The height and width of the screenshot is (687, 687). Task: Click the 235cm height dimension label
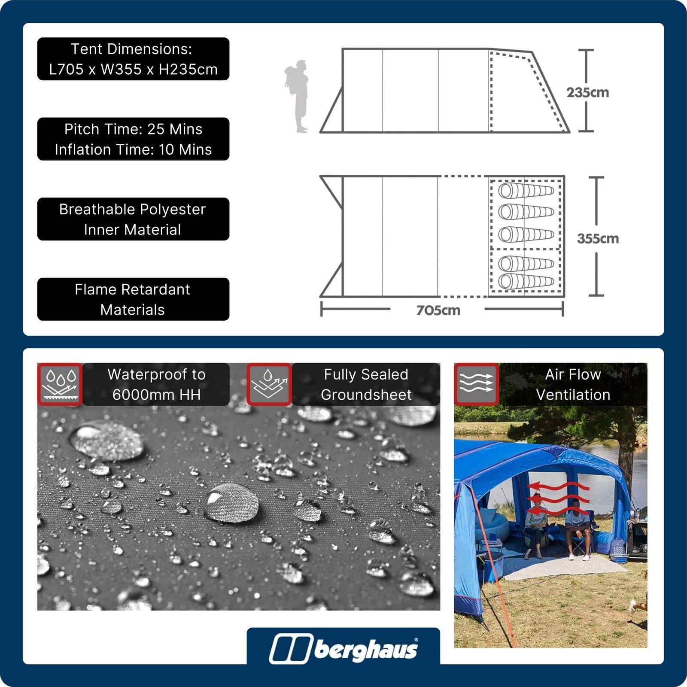(587, 92)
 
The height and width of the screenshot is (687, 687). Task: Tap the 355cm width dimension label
(598, 238)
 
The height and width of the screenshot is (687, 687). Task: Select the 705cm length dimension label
(438, 310)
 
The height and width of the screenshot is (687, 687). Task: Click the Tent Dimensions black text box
(133, 59)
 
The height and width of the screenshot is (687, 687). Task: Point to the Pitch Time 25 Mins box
(133, 139)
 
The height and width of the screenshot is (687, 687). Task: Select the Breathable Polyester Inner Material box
(133, 219)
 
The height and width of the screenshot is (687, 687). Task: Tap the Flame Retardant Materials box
(133, 299)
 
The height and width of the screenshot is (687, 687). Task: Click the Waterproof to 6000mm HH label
(156, 384)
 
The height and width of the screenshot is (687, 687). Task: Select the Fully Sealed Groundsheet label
(366, 384)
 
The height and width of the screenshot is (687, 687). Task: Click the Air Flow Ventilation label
(573, 384)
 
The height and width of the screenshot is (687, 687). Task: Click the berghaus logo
(343, 648)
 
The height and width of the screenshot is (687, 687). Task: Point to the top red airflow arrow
(558, 486)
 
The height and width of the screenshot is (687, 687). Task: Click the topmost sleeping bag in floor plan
(526, 190)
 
